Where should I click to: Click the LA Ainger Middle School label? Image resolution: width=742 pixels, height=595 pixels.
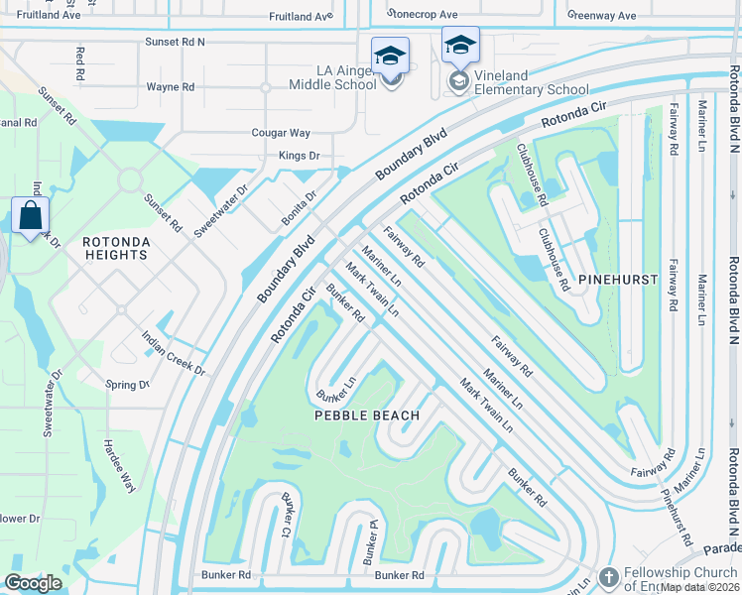tap(332, 78)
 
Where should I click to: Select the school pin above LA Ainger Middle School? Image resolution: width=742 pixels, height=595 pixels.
tap(391, 57)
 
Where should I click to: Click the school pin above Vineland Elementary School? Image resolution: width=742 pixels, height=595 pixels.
tap(460, 46)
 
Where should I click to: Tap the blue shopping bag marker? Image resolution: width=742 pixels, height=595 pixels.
tap(30, 215)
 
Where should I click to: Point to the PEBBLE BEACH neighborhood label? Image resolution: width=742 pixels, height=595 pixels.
tap(367, 416)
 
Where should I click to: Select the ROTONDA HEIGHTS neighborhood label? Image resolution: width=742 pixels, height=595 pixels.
tap(115, 248)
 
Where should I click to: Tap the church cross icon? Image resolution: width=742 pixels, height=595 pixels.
tap(608, 577)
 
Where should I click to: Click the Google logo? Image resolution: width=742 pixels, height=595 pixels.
tap(33, 583)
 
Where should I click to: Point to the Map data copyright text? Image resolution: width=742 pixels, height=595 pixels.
tap(699, 587)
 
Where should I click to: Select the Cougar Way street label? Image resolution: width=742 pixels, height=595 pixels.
tap(282, 133)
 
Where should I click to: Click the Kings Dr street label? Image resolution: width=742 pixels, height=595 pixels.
tap(299, 156)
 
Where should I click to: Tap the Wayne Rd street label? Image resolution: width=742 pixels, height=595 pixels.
tap(171, 87)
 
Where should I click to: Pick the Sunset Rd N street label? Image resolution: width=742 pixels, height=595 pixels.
tap(175, 43)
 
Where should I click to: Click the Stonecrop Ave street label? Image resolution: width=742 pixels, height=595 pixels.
tap(424, 16)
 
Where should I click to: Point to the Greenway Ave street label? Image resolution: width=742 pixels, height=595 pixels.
tap(602, 16)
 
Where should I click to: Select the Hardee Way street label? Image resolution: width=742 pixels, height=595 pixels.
tap(114, 466)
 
